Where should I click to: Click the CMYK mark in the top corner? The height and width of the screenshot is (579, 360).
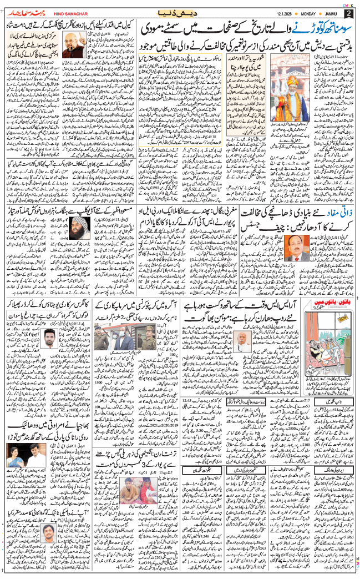point(349,4)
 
